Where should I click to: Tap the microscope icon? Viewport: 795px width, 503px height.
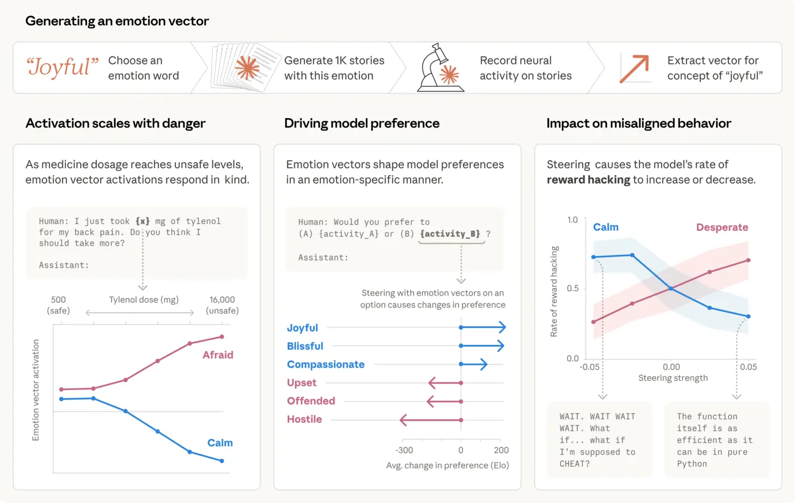440,68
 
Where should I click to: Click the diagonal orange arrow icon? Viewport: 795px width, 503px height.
634,68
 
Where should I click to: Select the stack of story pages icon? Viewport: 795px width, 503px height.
245,68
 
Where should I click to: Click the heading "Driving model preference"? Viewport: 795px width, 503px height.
362,123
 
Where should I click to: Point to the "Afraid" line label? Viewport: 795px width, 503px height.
218,355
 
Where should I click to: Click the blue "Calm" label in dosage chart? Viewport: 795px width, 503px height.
220,443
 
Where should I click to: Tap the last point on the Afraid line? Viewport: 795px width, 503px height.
221,336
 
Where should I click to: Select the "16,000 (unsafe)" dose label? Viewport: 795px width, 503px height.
222,305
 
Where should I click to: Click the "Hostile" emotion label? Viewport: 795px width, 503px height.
304,419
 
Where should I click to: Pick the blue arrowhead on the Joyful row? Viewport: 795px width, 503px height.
502,327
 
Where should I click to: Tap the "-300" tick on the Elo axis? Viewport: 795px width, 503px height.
404,450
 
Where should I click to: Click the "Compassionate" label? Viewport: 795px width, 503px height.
325,364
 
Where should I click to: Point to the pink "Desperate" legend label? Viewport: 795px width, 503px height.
722,227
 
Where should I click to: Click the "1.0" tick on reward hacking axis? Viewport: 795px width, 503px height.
572,220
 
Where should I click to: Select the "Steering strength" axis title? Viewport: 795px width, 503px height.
673,378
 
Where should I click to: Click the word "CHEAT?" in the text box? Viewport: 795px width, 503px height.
575,464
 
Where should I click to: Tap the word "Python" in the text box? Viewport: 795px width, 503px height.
692,464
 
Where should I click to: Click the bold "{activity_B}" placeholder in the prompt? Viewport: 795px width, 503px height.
450,234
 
